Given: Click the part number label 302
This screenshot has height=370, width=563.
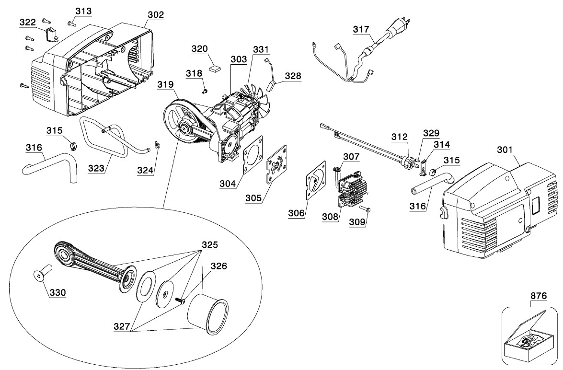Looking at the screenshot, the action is [x=156, y=15].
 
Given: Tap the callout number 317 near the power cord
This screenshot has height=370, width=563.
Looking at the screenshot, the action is [x=361, y=29].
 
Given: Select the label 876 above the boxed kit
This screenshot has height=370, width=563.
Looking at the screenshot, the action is [x=539, y=296].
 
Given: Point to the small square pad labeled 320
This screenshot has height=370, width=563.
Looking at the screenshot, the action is [x=215, y=67].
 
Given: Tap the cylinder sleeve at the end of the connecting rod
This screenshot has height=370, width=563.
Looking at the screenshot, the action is [x=208, y=313].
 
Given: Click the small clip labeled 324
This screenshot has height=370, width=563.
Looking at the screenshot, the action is [x=157, y=144].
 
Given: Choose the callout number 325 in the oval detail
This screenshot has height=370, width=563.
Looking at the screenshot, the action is [x=210, y=244].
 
